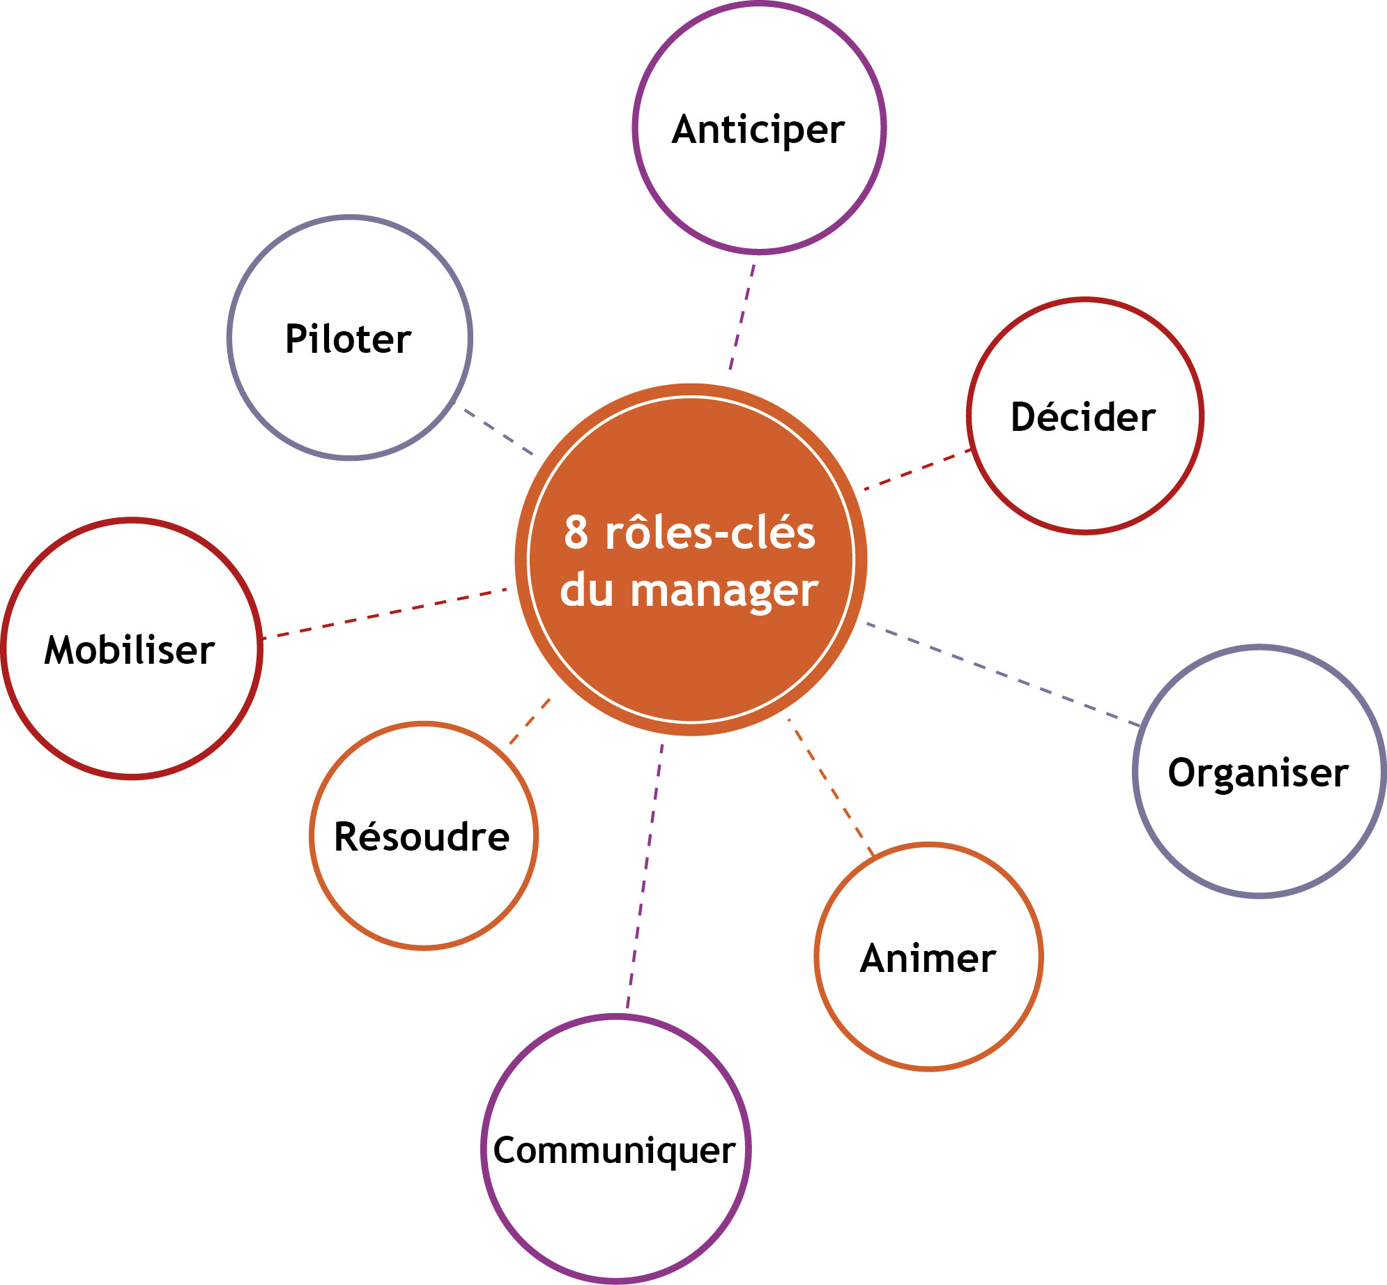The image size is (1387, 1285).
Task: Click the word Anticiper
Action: pos(758,130)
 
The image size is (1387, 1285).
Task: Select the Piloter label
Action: pos(348,340)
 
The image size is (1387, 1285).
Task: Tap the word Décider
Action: pos(1083,417)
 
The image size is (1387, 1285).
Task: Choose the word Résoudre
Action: pos(422,837)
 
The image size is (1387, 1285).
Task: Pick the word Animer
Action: pos(928,958)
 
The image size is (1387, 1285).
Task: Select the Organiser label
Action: pos(1258,773)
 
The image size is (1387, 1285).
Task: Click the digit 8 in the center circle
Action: pos(576,533)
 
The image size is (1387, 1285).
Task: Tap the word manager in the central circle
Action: pos(724,591)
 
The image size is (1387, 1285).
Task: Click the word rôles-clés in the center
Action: pos(710,533)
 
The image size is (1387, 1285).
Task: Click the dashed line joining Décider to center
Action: pos(917,470)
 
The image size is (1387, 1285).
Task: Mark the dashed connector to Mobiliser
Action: pos(385,614)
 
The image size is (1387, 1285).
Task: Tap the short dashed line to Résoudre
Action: pos(530,721)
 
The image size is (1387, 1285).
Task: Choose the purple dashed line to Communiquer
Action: pos(645,874)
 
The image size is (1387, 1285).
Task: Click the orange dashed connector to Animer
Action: pos(830,786)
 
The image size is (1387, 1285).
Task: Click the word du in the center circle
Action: pos(587,591)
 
